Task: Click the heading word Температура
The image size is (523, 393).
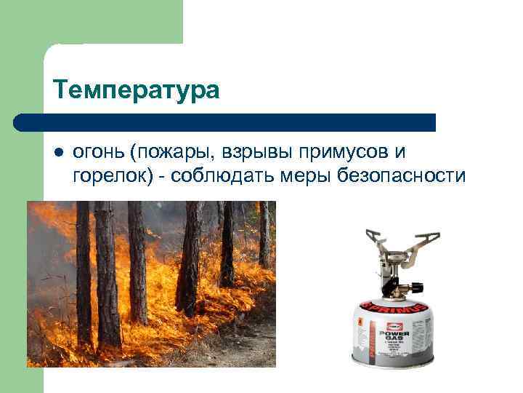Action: pyautogui.click(x=136, y=91)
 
